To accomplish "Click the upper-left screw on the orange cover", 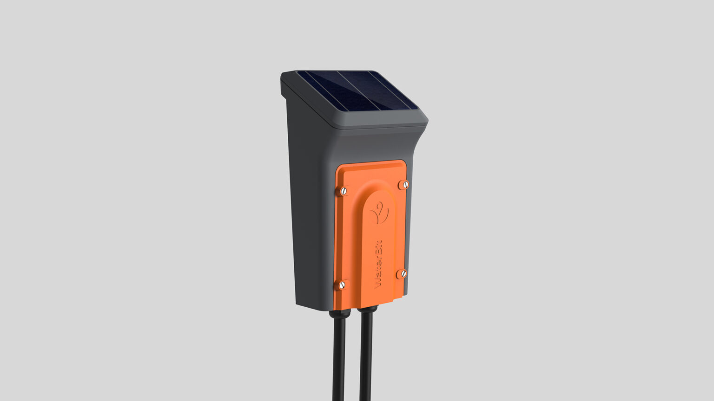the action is [344, 191].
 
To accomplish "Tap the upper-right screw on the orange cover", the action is [405, 184].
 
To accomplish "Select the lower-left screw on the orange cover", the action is [342, 285].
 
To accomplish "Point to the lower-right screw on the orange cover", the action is [403, 273].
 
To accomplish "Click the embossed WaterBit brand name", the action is [378, 264].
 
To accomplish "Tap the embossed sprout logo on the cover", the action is [379, 213].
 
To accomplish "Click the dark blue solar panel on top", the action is [357, 91].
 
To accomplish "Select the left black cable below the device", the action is [338, 358].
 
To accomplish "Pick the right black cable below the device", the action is [366, 356].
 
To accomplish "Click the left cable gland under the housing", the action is [340, 313].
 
